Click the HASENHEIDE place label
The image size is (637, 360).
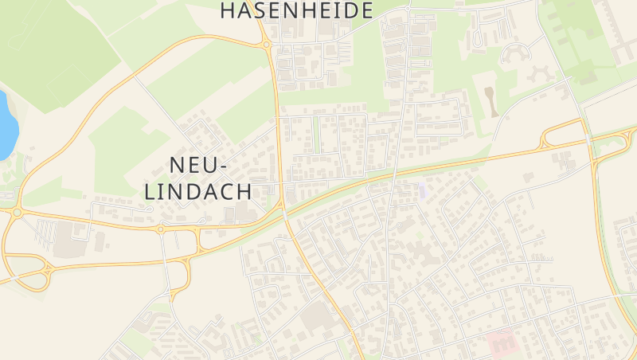pos(296,10)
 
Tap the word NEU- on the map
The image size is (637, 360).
pos(198,165)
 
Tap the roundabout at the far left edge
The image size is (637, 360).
pos(16,213)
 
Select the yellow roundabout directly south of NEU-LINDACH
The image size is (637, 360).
pos(159,229)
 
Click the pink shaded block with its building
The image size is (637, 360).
pos(500,341)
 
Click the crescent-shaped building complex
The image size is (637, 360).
pos(513,53)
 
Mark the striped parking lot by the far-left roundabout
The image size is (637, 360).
pos(46,232)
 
